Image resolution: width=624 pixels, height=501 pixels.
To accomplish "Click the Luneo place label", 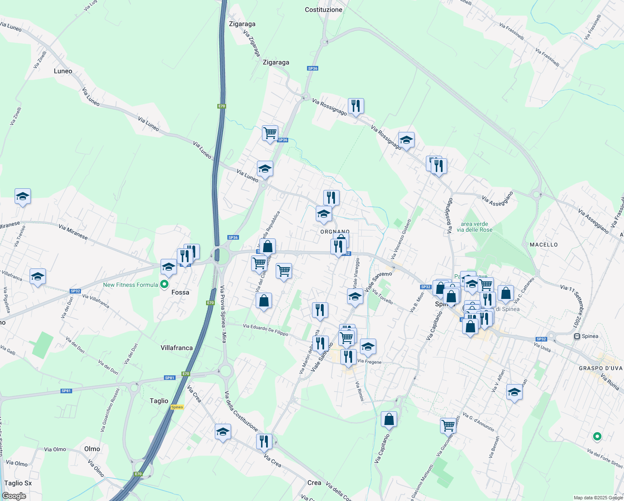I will [63, 71].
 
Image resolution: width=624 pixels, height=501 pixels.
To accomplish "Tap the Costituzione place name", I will [323, 10].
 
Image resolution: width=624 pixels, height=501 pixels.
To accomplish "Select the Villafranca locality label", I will [176, 348].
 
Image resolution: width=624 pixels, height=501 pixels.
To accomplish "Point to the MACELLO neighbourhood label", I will [543, 245].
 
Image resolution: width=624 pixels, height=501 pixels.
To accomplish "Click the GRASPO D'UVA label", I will [600, 368].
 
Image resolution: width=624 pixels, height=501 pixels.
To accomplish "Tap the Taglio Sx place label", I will [18, 483].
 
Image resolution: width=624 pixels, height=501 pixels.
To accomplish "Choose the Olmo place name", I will [92, 449].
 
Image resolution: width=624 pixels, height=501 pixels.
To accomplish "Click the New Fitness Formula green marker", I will [164, 285].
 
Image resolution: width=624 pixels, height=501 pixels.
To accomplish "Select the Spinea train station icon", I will [577, 336].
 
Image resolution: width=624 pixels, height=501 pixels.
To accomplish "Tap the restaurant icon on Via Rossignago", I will [355, 106].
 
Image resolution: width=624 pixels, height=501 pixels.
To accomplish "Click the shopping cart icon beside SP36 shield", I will [270, 133].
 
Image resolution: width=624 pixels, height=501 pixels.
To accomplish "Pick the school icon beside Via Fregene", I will [367, 347].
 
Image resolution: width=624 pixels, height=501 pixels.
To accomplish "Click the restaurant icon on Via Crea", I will [264, 441].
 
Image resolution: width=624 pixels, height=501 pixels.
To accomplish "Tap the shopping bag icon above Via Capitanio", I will [389, 420].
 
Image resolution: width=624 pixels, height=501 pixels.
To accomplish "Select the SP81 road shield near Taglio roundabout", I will [169, 378].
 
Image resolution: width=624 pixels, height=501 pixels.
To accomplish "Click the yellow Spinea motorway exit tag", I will [177, 407].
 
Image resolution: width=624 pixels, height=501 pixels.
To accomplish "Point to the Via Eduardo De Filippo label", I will [265, 330].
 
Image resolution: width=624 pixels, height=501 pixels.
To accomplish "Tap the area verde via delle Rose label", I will [474, 227].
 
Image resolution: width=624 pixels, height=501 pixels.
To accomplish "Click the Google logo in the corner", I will [14, 496].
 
